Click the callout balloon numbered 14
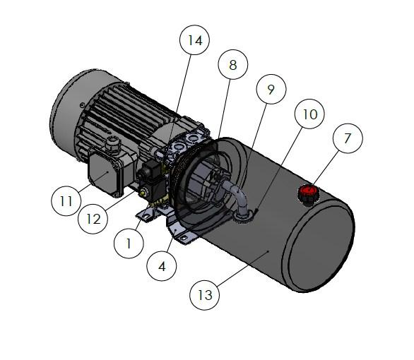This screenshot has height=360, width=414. [194, 40]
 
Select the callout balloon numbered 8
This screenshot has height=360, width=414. [233, 65]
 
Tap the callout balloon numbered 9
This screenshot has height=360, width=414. [271, 89]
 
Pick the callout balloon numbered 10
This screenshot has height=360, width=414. [309, 114]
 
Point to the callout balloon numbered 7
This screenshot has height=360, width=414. [348, 138]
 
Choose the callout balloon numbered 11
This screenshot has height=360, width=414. [66, 201]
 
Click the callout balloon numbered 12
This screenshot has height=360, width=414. [93, 219]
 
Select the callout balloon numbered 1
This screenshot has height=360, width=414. [129, 243]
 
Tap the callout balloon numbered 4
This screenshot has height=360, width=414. [162, 266]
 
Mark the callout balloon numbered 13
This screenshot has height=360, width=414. [205, 295]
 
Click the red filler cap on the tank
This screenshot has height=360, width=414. [308, 193]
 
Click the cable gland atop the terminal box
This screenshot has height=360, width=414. [113, 144]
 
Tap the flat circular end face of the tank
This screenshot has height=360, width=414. [319, 244]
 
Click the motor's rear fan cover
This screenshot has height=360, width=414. [76, 114]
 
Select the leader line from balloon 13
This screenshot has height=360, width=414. [243, 268]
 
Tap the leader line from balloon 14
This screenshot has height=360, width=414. [179, 97]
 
